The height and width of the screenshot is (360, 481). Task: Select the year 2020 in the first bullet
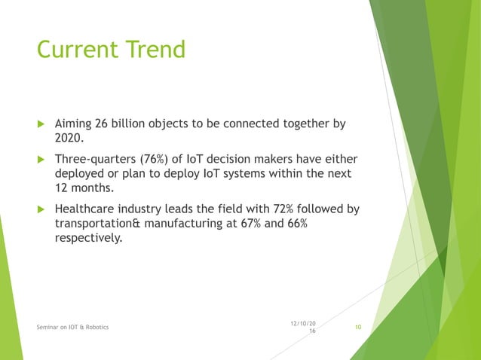[69, 138]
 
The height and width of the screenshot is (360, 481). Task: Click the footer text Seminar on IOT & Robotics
[72, 327]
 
